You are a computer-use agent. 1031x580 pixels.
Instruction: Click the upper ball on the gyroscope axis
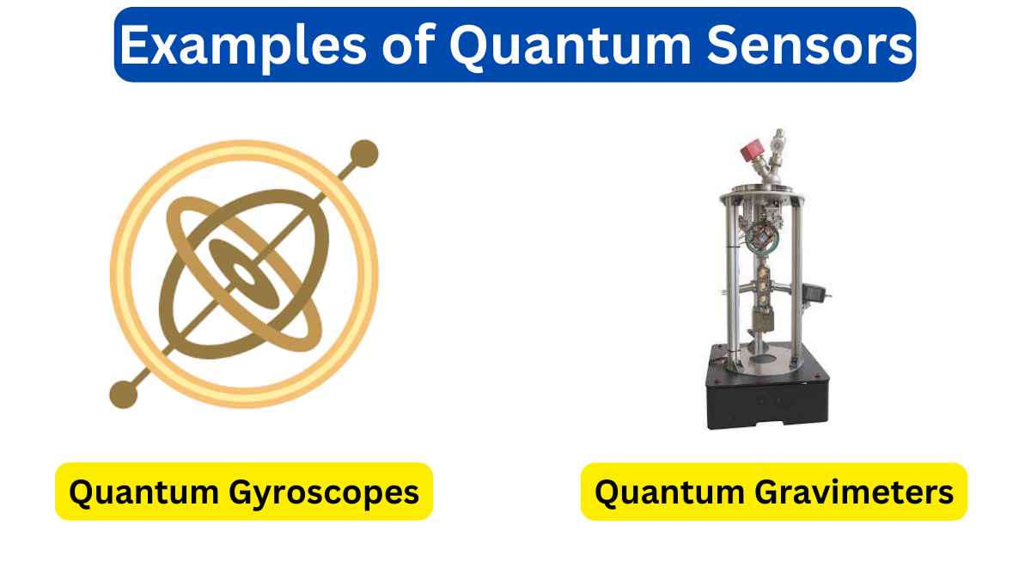(x=365, y=153)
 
